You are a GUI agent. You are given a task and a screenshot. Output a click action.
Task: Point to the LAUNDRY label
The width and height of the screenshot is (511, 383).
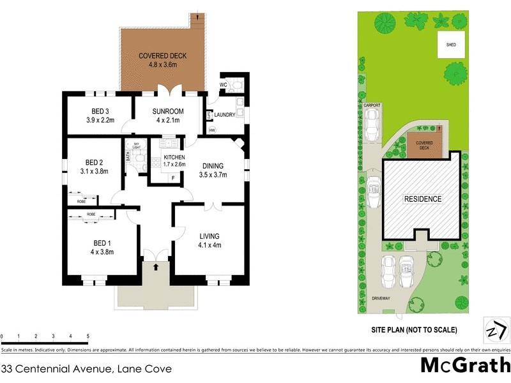point(225,115)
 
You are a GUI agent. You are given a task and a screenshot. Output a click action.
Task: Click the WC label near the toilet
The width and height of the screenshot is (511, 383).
point(223,84)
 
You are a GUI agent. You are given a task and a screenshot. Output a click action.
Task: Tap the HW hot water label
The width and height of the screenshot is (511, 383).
point(211,130)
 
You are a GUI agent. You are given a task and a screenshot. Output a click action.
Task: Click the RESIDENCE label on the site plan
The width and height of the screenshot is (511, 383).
point(422,199)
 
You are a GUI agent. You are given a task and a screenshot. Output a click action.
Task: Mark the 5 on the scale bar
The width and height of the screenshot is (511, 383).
point(88,336)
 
